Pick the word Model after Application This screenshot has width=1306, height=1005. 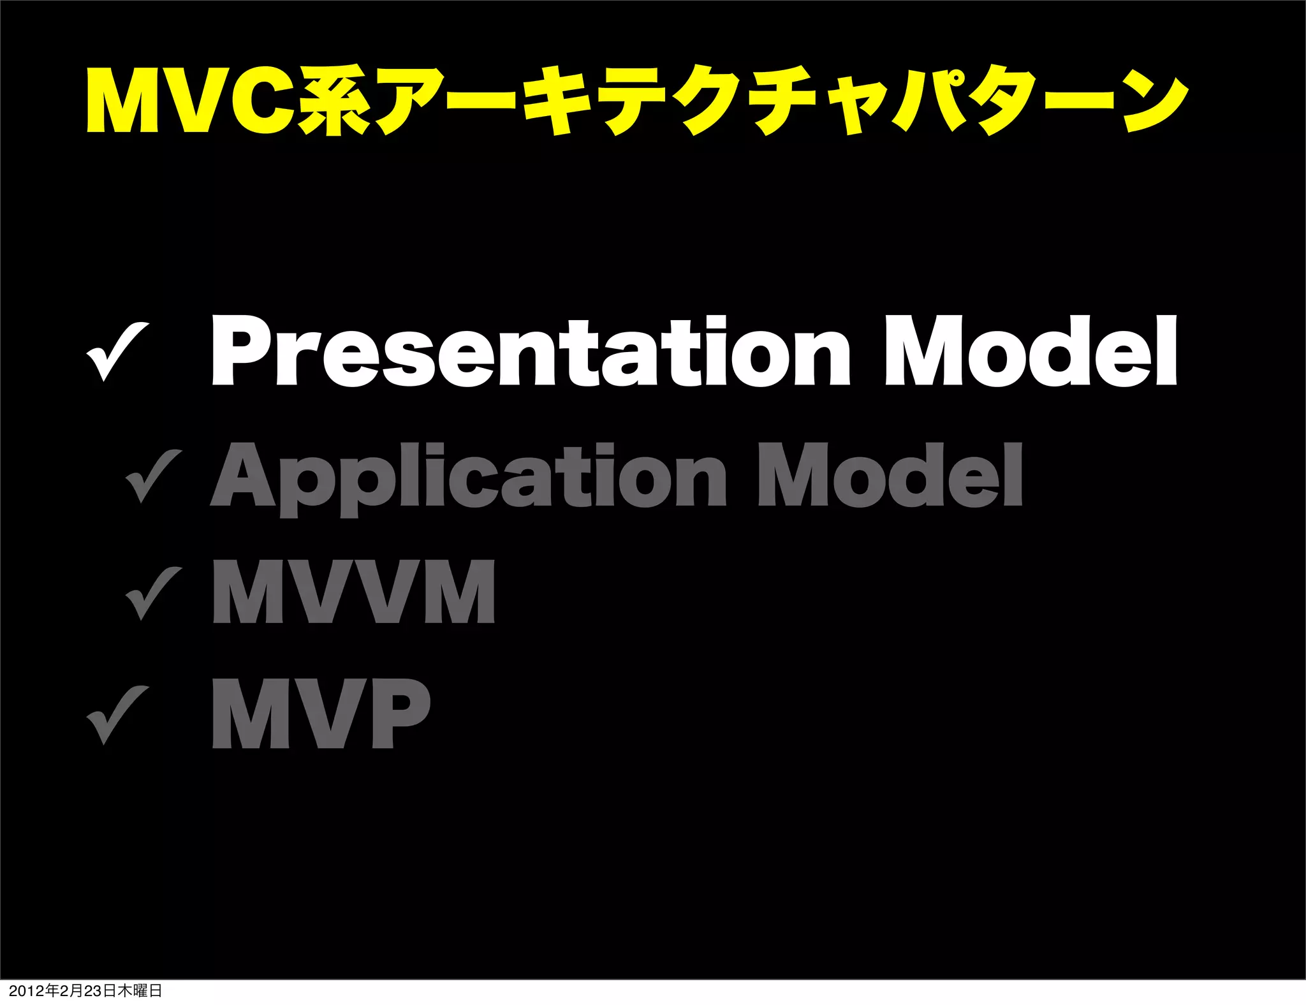pyautogui.click(x=890, y=475)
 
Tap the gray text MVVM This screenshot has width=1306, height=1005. pyautogui.click(x=353, y=591)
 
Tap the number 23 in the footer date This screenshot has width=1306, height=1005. pyautogui.click(x=93, y=991)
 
